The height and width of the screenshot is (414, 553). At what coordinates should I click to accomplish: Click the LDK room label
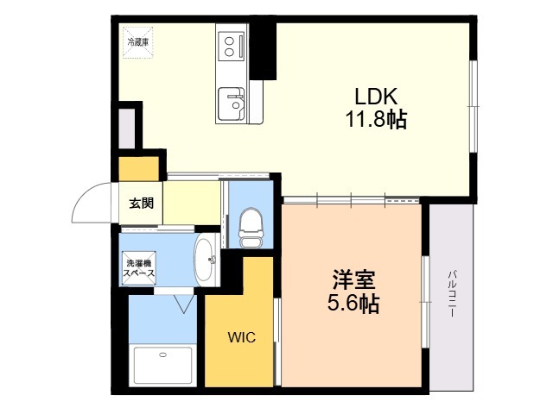click(x=376, y=97)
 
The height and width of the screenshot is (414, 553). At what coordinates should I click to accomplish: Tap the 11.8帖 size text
click(x=376, y=119)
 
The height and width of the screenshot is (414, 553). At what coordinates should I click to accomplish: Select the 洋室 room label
click(x=353, y=279)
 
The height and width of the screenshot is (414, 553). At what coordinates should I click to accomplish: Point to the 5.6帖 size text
click(x=353, y=303)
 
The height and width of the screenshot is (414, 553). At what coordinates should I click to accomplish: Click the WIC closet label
click(x=242, y=337)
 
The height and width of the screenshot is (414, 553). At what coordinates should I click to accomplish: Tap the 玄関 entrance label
click(x=141, y=204)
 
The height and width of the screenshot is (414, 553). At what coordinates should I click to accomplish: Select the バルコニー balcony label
click(x=452, y=294)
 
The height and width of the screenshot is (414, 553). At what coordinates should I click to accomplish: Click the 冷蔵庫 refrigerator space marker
click(x=138, y=42)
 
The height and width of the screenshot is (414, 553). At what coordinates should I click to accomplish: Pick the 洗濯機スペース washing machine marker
click(x=138, y=268)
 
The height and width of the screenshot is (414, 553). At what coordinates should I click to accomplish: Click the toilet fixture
click(x=251, y=228)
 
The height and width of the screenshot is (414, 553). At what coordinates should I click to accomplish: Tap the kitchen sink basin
click(x=231, y=103)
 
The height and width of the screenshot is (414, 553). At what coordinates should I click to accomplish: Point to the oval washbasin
click(x=207, y=260)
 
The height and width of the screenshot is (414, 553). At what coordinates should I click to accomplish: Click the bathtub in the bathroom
click(x=163, y=365)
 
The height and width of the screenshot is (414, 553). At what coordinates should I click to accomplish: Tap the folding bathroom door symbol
click(x=184, y=304)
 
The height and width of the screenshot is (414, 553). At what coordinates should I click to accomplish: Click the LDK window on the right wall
click(x=474, y=106)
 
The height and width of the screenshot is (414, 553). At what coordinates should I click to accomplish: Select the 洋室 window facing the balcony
click(x=426, y=302)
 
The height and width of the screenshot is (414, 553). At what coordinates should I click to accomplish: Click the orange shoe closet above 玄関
click(x=138, y=169)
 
